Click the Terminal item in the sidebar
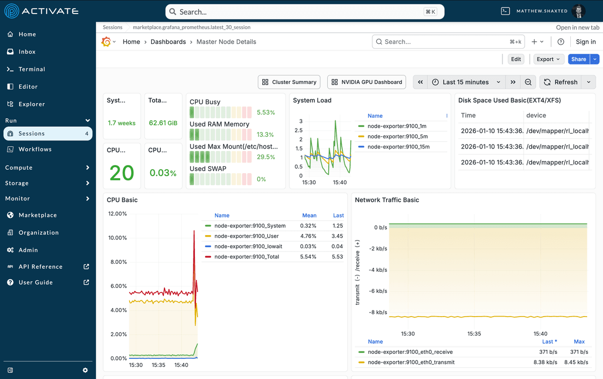pos(32,69)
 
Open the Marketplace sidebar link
pos(37,215)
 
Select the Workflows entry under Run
pos(35,149)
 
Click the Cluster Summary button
pos(289,82)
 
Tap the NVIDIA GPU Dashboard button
pos(367,82)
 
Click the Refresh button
pos(561,82)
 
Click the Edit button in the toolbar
pos(516,59)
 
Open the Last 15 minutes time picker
pos(465,82)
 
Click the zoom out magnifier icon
pos(528,82)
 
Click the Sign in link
pos(585,42)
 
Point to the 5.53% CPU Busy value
pos(266,113)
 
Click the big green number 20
pos(122,173)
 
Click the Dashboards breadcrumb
pos(168,42)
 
